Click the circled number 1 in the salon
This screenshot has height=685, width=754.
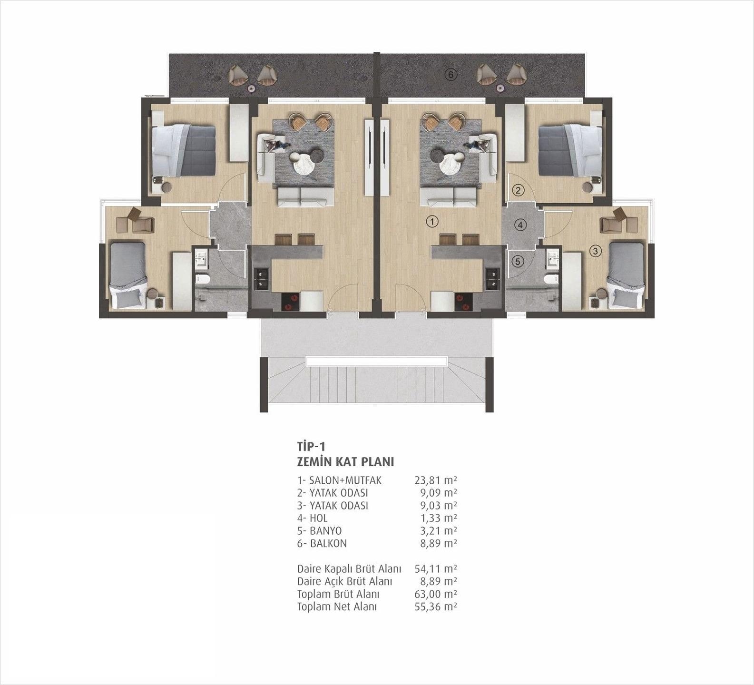click(x=431, y=221)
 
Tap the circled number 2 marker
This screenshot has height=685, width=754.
click(x=518, y=190)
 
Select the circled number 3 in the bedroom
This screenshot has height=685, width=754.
click(x=595, y=251)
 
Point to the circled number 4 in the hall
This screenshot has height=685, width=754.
click(x=520, y=225)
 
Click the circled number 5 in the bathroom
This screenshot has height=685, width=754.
click(x=518, y=261)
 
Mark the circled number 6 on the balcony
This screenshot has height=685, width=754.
click(x=451, y=74)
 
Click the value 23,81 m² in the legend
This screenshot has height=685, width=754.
click(x=435, y=480)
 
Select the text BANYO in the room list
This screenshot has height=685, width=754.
click(x=325, y=531)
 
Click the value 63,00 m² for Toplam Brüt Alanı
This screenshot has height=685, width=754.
click(x=435, y=594)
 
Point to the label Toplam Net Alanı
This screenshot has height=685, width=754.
click(x=337, y=607)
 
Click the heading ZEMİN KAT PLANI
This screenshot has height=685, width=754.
click(x=345, y=461)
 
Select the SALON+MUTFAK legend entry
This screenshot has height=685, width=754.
click(x=345, y=480)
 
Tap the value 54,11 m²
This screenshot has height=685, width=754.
click(x=435, y=569)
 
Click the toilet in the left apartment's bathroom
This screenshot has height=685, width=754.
click(x=202, y=280)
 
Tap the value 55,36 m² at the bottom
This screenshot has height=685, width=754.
click(x=435, y=607)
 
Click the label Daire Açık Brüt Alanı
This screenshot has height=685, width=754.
click(x=344, y=582)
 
